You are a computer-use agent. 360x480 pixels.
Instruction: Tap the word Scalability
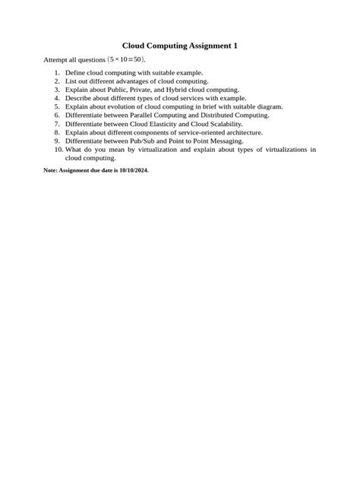[x=225, y=123]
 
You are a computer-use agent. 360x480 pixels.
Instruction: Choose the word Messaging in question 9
[x=225, y=141]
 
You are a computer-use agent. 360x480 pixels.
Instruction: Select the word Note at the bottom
[x=51, y=171]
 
